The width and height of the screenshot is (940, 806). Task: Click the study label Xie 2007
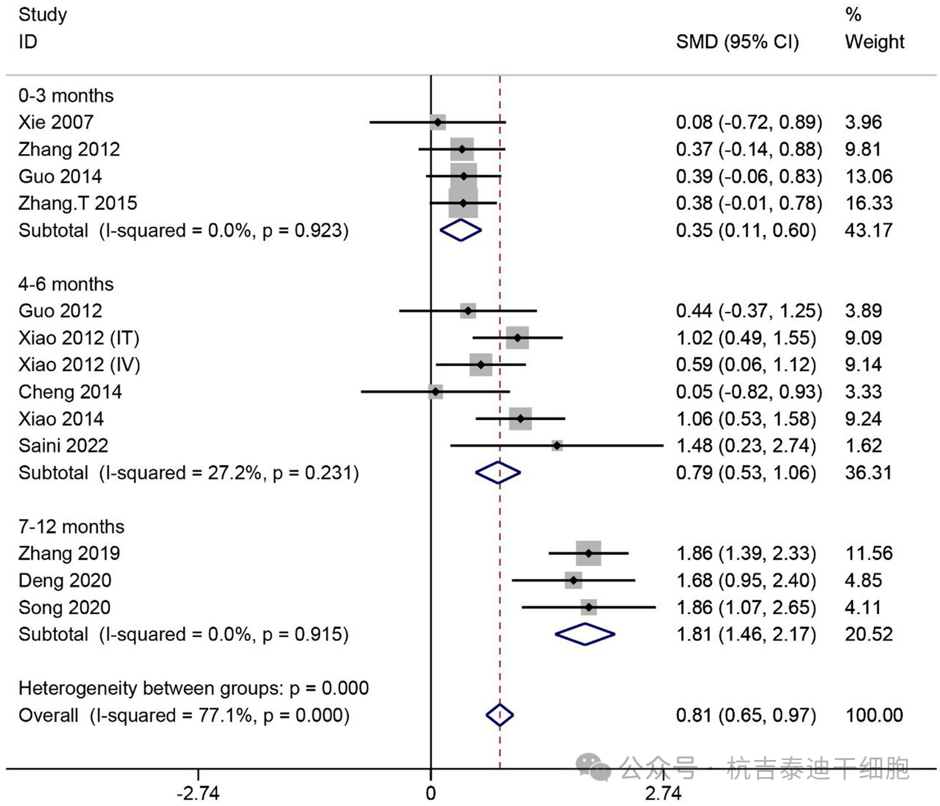click(x=56, y=122)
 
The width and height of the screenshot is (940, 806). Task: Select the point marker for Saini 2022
click(x=557, y=446)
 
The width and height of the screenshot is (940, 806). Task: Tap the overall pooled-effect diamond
click(x=499, y=715)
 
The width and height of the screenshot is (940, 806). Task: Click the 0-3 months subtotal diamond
click(x=461, y=230)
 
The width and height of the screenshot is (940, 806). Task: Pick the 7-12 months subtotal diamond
click(x=585, y=634)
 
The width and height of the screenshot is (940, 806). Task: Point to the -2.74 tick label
click(x=198, y=793)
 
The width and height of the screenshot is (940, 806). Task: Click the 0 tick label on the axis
click(x=431, y=793)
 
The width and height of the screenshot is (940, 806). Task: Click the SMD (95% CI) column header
click(x=737, y=42)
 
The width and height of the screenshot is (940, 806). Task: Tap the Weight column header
click(x=874, y=42)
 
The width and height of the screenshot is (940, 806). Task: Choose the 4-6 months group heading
click(x=66, y=284)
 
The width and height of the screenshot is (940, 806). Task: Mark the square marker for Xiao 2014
click(x=520, y=419)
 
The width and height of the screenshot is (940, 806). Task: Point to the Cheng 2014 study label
click(x=70, y=392)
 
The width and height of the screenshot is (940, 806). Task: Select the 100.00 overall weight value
click(x=874, y=715)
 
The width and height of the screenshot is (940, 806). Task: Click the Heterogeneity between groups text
click(x=193, y=688)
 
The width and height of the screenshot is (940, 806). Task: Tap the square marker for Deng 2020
click(x=573, y=580)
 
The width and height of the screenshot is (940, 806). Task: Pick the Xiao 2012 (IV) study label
click(x=79, y=365)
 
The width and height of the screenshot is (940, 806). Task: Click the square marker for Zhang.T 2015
click(x=463, y=203)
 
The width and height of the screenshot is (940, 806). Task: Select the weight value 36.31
click(x=868, y=473)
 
